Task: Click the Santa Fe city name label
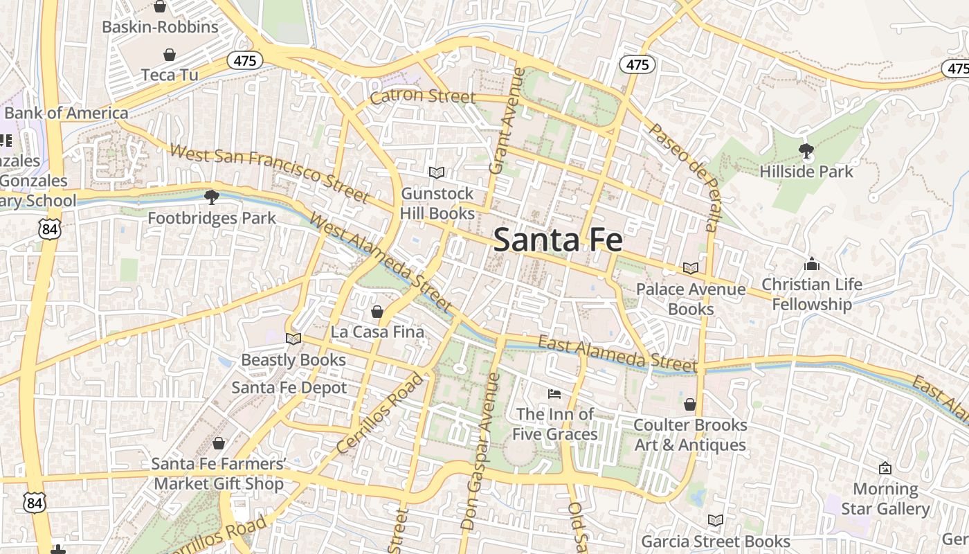click(558, 240)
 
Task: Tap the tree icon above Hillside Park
click(806, 150)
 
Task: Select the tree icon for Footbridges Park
click(212, 198)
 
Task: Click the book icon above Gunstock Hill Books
click(437, 172)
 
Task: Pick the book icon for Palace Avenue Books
click(690, 268)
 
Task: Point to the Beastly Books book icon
click(293, 339)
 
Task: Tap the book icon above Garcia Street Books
click(716, 520)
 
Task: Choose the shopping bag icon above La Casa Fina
click(377, 312)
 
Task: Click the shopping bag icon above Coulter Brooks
click(690, 404)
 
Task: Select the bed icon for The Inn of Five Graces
click(554, 394)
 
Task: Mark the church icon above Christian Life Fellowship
click(812, 264)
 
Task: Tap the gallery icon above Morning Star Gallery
click(885, 469)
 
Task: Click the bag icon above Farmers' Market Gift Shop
click(219, 443)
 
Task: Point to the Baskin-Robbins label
click(160, 27)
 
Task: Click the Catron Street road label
click(422, 96)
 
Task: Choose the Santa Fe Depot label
click(289, 387)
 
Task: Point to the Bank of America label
click(66, 113)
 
